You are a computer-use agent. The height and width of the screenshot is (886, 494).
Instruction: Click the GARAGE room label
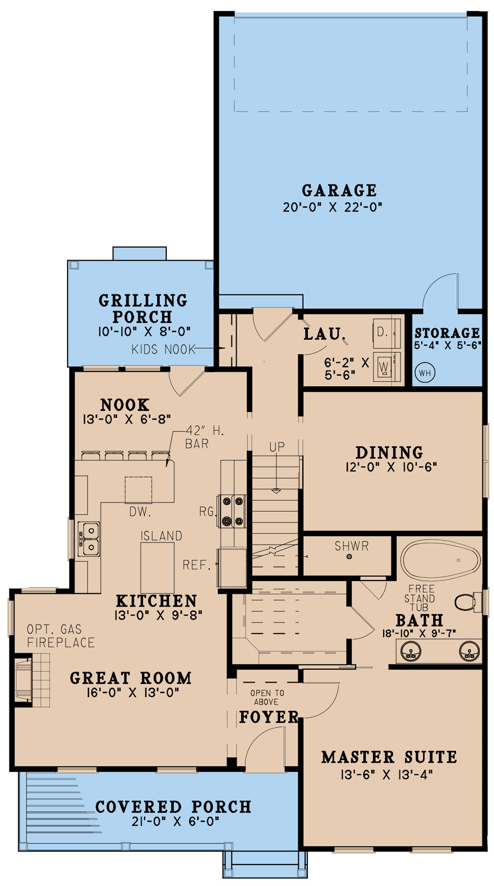click(339, 190)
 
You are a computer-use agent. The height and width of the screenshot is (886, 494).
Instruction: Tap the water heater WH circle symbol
click(425, 373)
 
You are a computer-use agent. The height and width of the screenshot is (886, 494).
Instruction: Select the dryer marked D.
click(387, 331)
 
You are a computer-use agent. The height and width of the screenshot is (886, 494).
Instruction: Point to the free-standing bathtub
click(440, 560)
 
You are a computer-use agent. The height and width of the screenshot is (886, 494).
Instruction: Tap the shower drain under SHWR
click(349, 557)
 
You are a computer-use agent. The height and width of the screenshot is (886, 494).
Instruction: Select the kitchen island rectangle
click(157, 567)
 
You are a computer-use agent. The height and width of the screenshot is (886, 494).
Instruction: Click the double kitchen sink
click(88, 539)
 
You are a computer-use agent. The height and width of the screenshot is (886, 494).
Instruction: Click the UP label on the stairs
click(277, 447)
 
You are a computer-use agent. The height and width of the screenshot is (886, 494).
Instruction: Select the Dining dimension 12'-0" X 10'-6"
click(391, 467)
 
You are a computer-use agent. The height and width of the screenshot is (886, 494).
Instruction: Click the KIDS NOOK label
click(163, 349)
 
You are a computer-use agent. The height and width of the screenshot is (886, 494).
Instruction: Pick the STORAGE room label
click(447, 332)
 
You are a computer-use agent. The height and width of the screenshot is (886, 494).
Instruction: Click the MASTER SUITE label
click(389, 757)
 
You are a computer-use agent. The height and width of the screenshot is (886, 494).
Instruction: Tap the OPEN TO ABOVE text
click(267, 697)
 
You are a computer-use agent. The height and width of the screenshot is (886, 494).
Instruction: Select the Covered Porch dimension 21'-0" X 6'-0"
click(175, 821)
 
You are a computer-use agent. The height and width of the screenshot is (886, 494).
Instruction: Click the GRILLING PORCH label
click(142, 309)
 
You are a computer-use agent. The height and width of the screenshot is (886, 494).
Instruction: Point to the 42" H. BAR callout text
click(204, 438)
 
